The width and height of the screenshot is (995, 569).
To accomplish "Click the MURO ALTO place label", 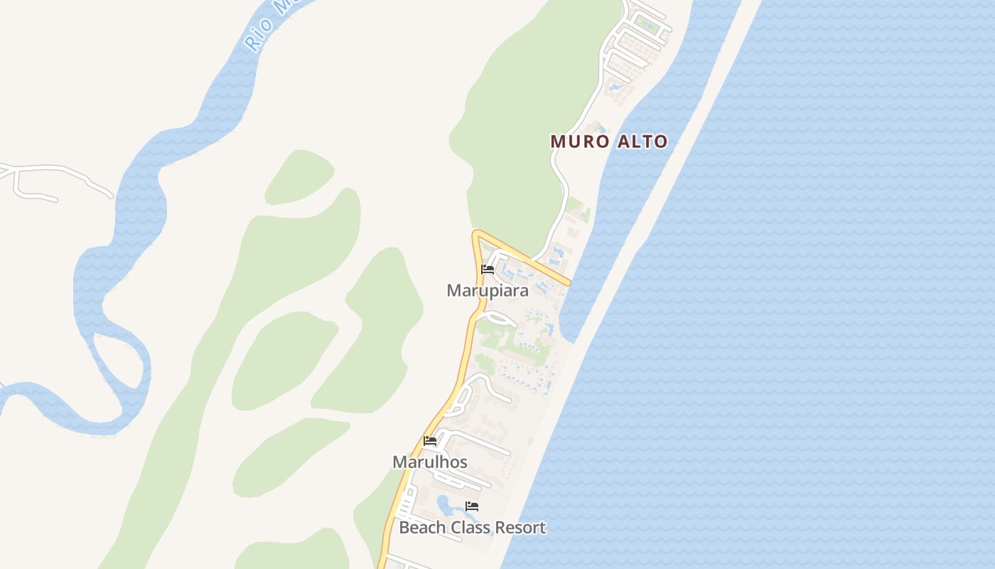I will click(x=609, y=142).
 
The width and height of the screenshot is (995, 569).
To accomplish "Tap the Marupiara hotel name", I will click(x=488, y=290).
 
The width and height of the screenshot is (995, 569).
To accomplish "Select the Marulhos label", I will click(x=430, y=462).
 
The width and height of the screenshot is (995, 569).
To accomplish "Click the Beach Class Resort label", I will click(x=472, y=528).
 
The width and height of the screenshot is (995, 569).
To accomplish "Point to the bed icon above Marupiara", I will click(x=488, y=270).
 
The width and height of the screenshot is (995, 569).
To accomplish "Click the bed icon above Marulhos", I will click(x=430, y=441).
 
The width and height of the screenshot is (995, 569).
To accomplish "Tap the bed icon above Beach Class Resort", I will click(x=472, y=506).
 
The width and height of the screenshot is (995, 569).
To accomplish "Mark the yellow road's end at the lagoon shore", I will click(x=568, y=284).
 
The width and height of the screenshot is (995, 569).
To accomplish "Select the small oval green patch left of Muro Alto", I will click(x=300, y=176).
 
